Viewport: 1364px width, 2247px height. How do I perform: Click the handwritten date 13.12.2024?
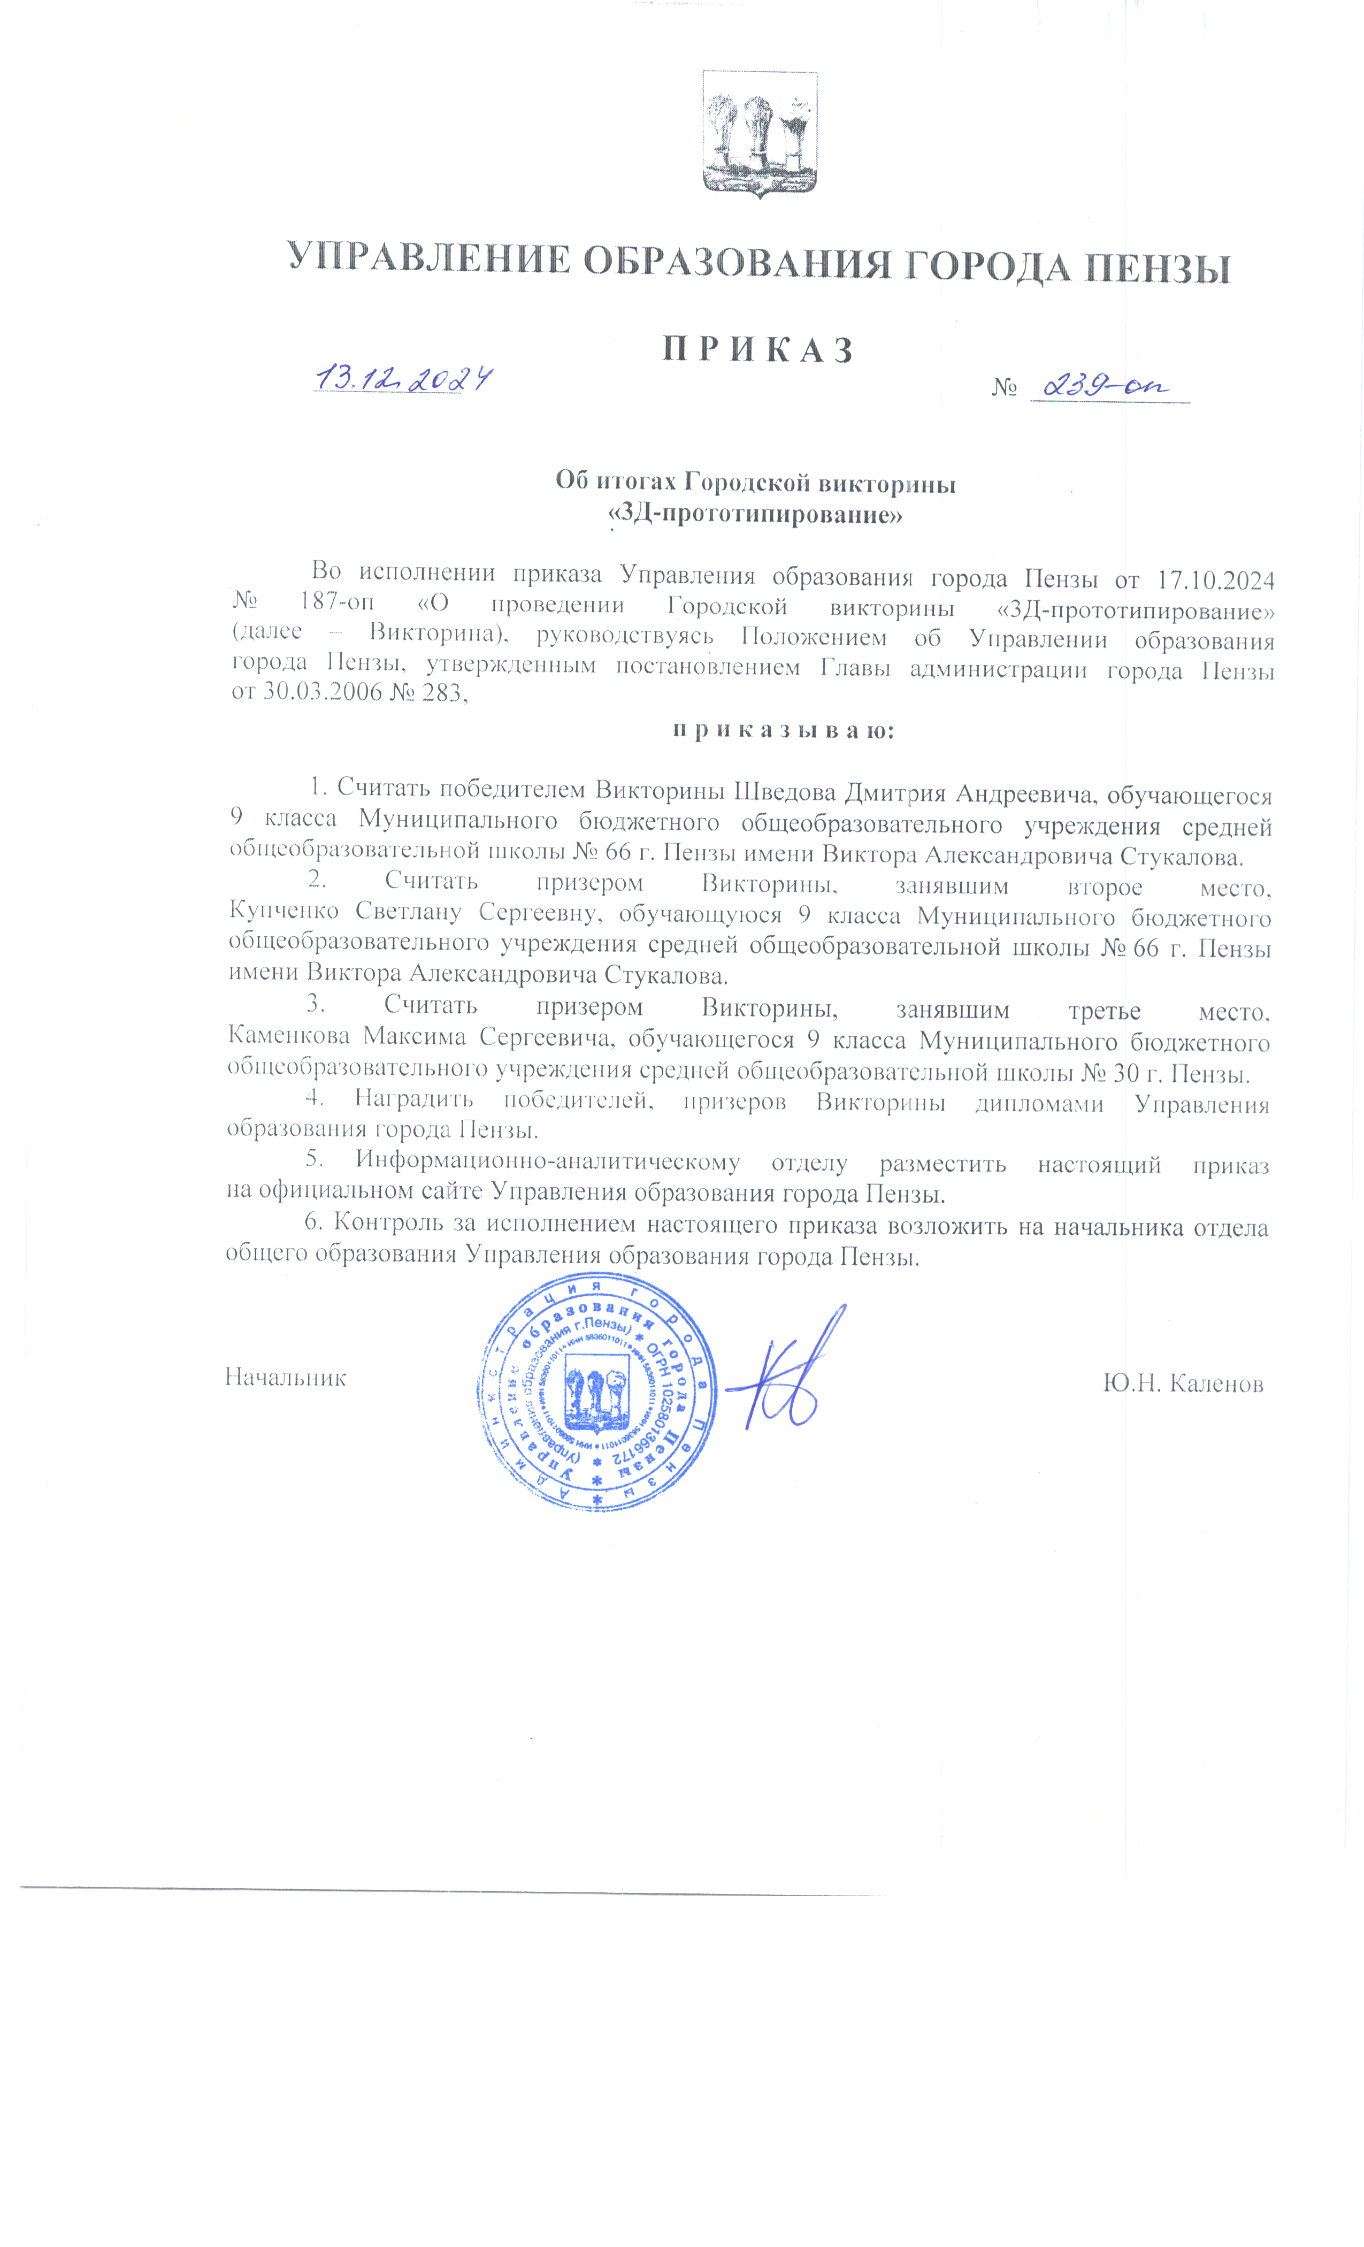tap(403, 378)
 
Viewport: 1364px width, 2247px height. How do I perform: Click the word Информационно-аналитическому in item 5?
tap(547, 1162)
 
